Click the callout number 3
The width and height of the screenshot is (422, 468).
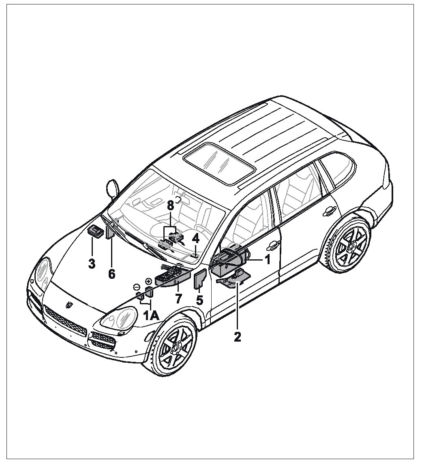[92, 264]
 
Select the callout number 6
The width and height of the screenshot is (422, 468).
[111, 274]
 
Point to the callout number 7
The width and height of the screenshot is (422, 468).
[178, 299]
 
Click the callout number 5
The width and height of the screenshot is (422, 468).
[199, 300]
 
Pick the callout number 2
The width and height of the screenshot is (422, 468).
[238, 337]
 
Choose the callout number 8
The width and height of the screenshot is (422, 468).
[170, 206]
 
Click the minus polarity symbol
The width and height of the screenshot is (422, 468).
[136, 287]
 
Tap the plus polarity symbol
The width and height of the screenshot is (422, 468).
[148, 281]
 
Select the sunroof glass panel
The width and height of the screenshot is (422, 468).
[219, 163]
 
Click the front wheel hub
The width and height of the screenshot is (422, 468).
[175, 348]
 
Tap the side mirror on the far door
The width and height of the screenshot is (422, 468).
[113, 188]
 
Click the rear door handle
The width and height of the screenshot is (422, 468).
[330, 212]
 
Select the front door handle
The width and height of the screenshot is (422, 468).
[273, 246]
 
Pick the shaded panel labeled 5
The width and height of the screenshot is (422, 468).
[200, 279]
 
